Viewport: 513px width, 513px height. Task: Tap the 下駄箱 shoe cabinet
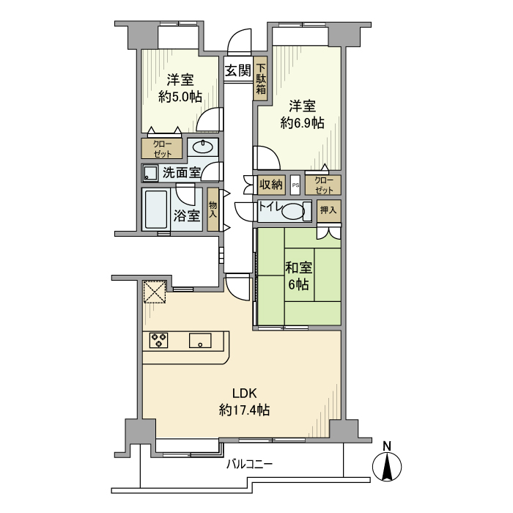pos(260,79)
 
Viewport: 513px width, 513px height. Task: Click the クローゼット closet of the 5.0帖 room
pos(163,149)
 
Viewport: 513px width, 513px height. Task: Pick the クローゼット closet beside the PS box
pos(323,184)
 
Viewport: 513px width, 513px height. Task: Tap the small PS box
pos(295,185)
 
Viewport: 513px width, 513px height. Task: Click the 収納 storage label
pos(270,184)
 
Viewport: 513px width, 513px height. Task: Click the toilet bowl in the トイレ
pos(292,213)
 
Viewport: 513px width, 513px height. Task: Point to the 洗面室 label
pos(181,173)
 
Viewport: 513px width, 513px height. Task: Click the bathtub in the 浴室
pos(155,210)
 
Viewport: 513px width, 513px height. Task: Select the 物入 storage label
pos(213,210)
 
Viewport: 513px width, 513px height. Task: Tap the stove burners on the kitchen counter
pos(160,340)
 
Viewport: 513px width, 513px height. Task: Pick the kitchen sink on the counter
pos(200,341)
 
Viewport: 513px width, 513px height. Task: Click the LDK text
pos(244,392)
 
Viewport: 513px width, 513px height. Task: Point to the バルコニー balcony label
pos(248,464)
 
